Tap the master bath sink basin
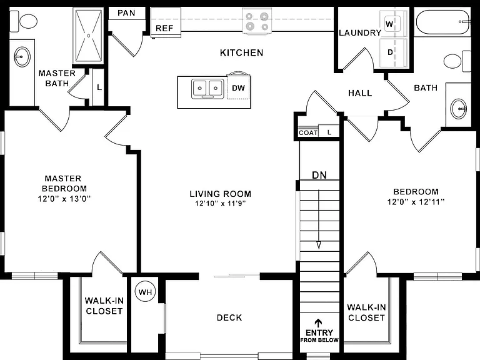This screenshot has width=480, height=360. pyautogui.click(x=22, y=57)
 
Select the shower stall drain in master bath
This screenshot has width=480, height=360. pyautogui.click(x=89, y=36)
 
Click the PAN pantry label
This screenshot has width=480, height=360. pyautogui.click(x=126, y=13)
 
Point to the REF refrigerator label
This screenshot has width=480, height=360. pyautogui.click(x=164, y=29)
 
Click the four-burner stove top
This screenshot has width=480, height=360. pyautogui.click(x=257, y=21)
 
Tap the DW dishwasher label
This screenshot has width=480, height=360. pyautogui.click(x=239, y=88)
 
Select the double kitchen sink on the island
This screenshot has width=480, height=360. pyautogui.click(x=207, y=89)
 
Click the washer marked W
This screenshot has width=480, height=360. pyautogui.click(x=392, y=24)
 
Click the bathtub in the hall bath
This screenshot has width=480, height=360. pyautogui.click(x=442, y=22)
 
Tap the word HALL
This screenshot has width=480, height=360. pyautogui.click(x=360, y=93)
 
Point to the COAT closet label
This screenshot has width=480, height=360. pyautogui.click(x=308, y=133)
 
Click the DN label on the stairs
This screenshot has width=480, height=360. pyautogui.click(x=319, y=175)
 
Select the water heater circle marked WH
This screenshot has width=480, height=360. pyautogui.click(x=145, y=292)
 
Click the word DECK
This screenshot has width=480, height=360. pyautogui.click(x=229, y=317)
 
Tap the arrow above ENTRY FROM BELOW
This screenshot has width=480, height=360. pyautogui.click(x=319, y=323)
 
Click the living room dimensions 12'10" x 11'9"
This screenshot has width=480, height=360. pyautogui.click(x=221, y=203)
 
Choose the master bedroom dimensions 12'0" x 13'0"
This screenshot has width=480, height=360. pyautogui.click(x=64, y=199)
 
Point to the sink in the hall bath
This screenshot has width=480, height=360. pyautogui.click(x=459, y=108)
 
